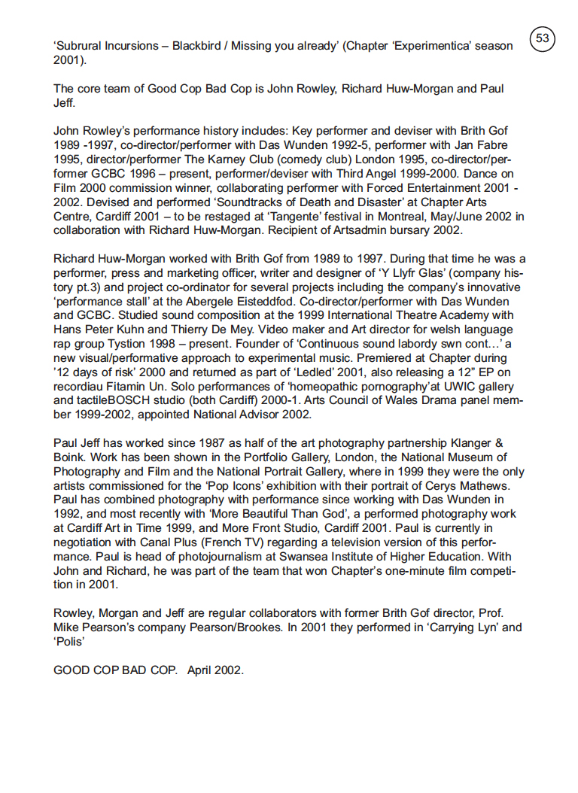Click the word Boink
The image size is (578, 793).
[70, 458]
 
